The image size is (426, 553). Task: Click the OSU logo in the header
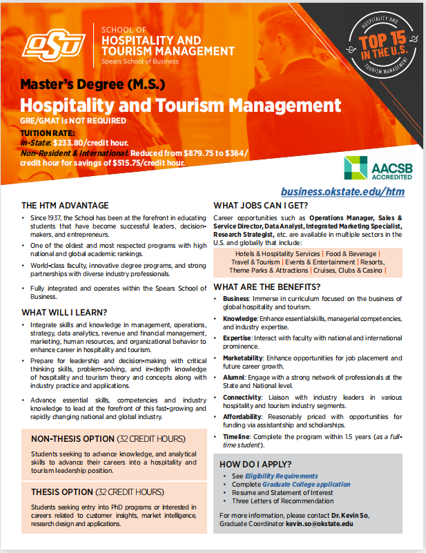coord(53,46)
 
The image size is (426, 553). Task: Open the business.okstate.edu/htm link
coord(342,191)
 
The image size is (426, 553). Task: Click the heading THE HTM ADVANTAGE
coord(65,205)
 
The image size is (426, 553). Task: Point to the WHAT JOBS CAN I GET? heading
coord(260,205)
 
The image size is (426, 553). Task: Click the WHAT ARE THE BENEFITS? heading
coord(267,287)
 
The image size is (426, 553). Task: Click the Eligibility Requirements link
coord(285,476)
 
